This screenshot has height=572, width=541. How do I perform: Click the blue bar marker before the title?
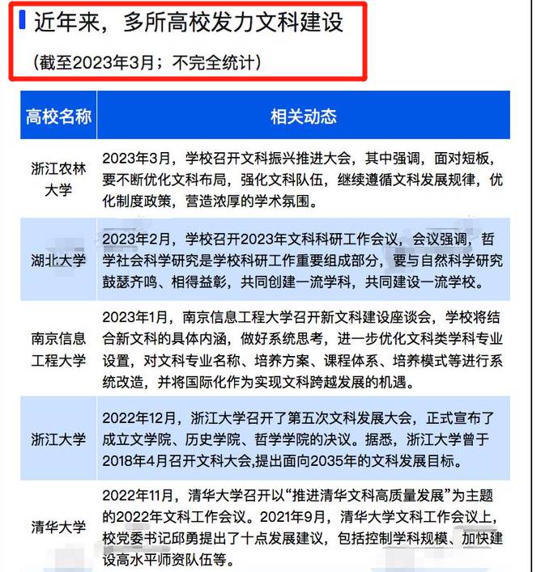point(23,20)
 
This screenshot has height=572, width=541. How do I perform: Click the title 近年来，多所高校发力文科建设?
point(188,22)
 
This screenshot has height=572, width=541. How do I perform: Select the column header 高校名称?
point(58,116)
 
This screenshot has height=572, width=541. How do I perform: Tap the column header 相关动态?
point(303,116)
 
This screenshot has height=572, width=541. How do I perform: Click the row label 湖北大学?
point(58,261)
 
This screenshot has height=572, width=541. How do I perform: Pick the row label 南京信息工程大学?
point(58,346)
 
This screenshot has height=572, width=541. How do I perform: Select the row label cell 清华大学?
point(58,527)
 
